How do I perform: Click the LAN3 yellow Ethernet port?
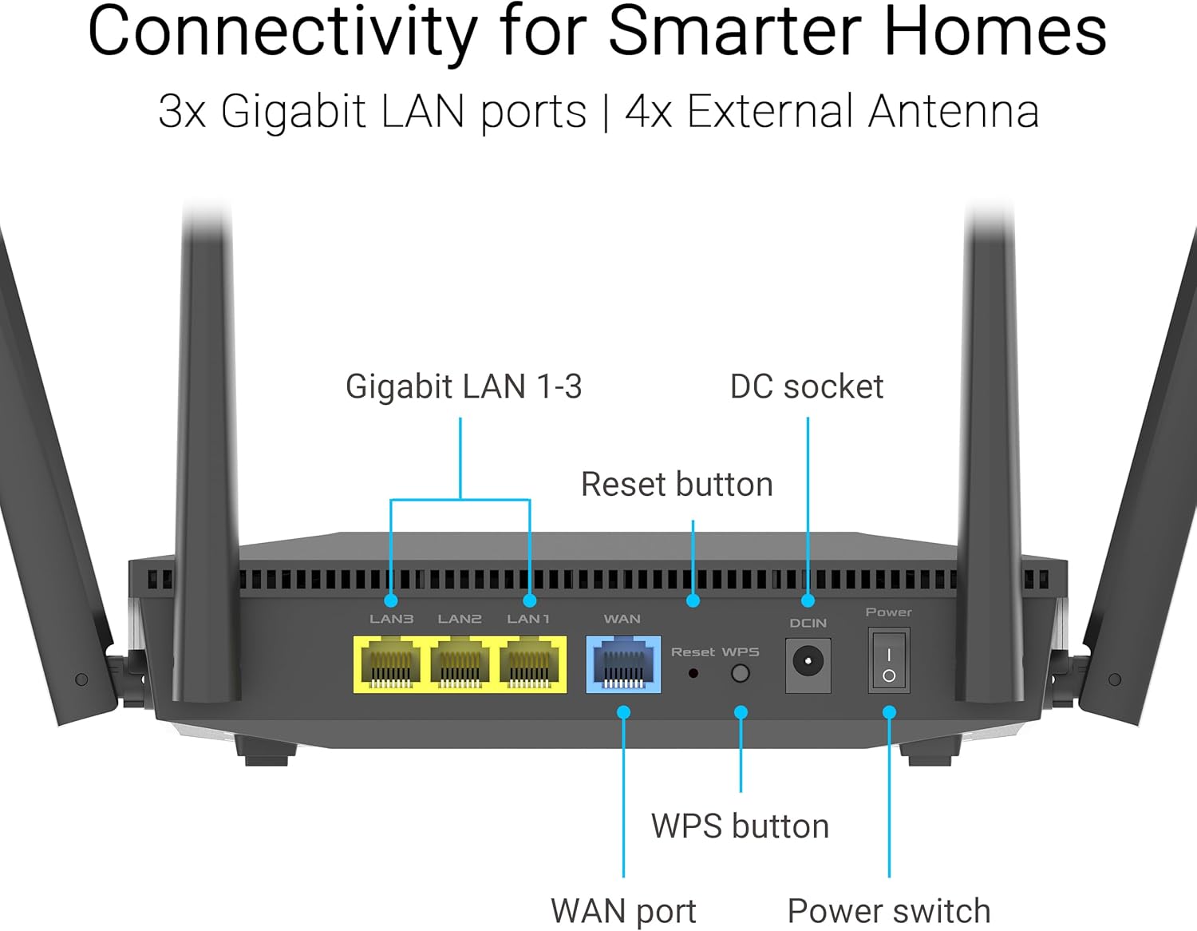tap(391, 664)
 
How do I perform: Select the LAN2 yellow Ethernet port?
tap(460, 664)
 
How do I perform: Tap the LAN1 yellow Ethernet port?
tap(529, 664)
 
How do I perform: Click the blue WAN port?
tap(623, 664)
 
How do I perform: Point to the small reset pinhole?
tap(693, 674)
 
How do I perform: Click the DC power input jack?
tap(808, 663)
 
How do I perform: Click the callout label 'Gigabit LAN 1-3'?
tap(464, 387)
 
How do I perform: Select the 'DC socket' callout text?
tap(806, 387)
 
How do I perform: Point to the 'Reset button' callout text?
tap(677, 485)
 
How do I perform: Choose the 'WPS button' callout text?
tap(740, 826)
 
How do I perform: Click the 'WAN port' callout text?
tap(623, 911)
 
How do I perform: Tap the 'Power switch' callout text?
tap(888, 911)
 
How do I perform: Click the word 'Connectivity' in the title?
tap(281, 32)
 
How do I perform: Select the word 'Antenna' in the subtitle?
tap(953, 111)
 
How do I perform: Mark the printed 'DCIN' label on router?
tap(808, 623)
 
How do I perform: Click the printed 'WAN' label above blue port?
tap(622, 619)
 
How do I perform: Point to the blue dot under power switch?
tap(889, 712)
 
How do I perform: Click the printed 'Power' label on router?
tap(888, 612)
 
